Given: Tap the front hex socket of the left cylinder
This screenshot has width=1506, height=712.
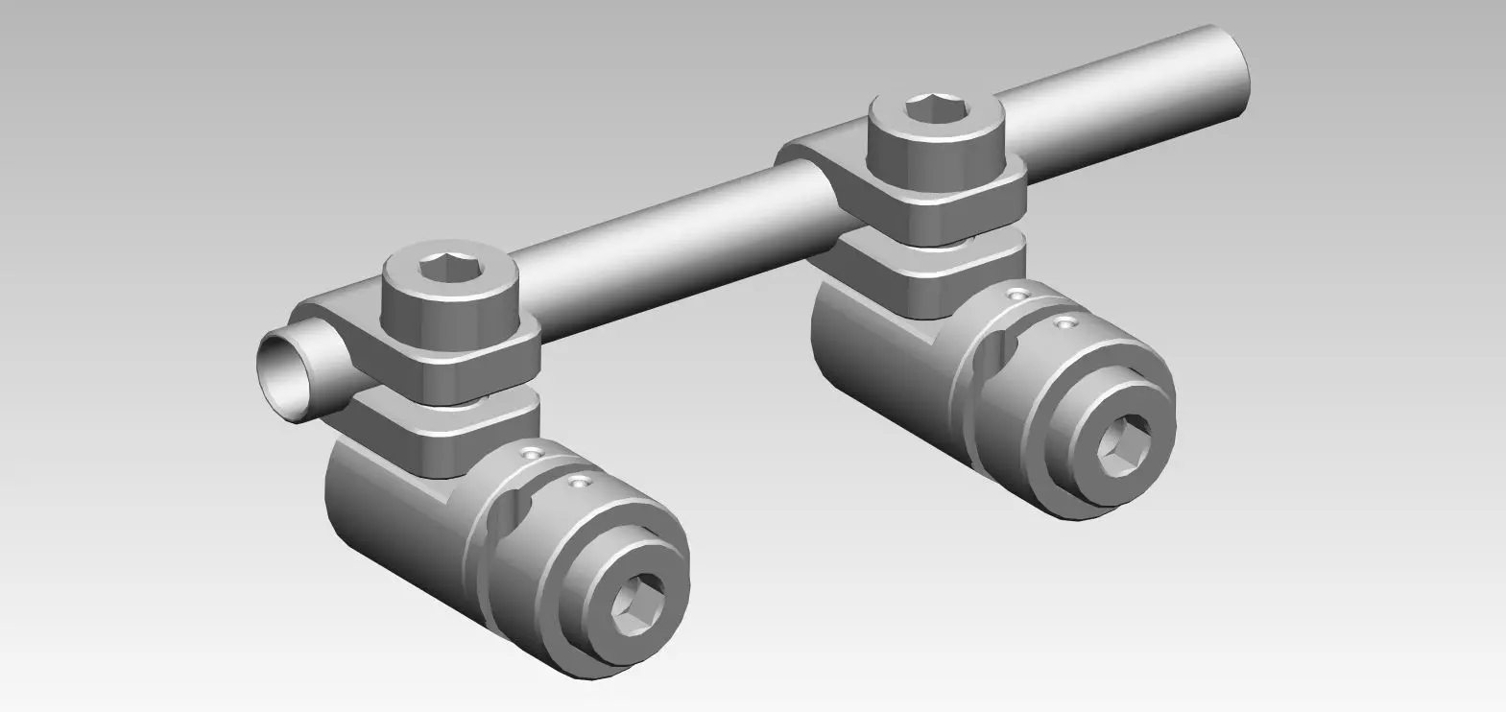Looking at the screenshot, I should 632,609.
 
